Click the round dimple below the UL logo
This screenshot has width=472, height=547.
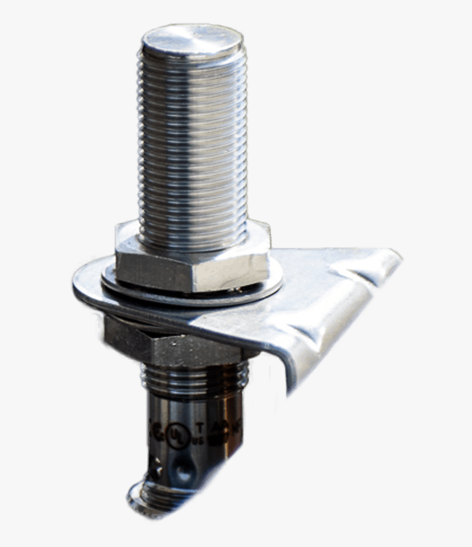point(183,467)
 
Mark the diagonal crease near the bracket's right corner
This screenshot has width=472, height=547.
point(357,269)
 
